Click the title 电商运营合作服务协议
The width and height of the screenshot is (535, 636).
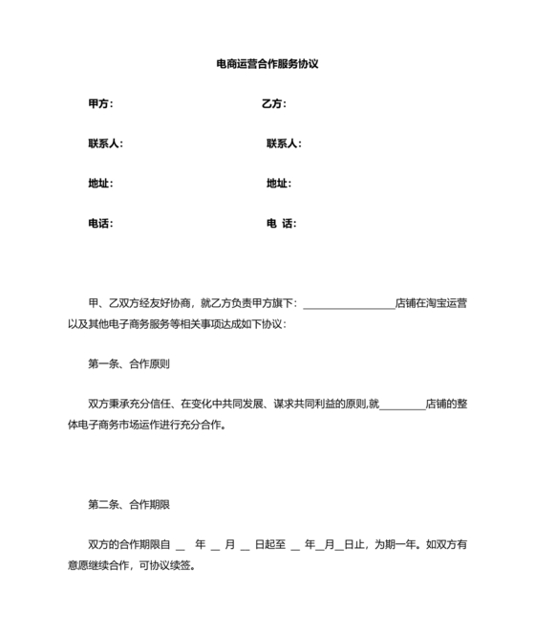(267, 65)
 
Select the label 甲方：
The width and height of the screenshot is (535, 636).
(100, 103)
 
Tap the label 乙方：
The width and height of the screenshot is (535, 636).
(274, 103)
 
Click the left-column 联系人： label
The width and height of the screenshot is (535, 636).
(105, 143)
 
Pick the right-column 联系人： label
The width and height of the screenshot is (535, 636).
(284, 143)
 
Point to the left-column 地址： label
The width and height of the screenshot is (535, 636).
(100, 183)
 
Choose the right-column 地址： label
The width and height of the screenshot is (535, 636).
(279, 183)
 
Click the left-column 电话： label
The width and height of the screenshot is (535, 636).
(100, 223)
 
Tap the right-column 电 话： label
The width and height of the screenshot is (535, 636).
(281, 223)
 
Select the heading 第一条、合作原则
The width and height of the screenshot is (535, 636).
(129, 363)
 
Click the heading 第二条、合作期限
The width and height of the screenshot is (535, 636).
(129, 504)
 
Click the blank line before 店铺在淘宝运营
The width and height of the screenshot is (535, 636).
(349, 304)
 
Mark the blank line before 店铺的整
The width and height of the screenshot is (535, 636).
(402, 405)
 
